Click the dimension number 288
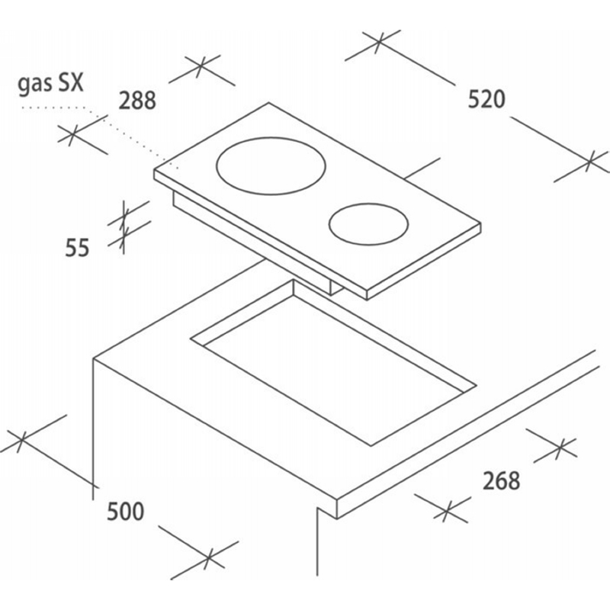click(137, 100)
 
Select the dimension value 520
click(486, 99)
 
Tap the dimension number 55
click(77, 247)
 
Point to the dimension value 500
click(125, 511)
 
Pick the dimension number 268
click(501, 480)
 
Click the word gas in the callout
click(32, 85)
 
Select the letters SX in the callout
click(70, 82)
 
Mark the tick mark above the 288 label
click(201, 66)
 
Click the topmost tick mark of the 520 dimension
click(380, 40)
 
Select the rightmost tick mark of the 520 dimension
click(590, 161)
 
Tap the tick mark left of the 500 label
click(21, 441)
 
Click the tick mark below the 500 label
click(210, 558)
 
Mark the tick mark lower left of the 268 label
click(446, 509)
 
